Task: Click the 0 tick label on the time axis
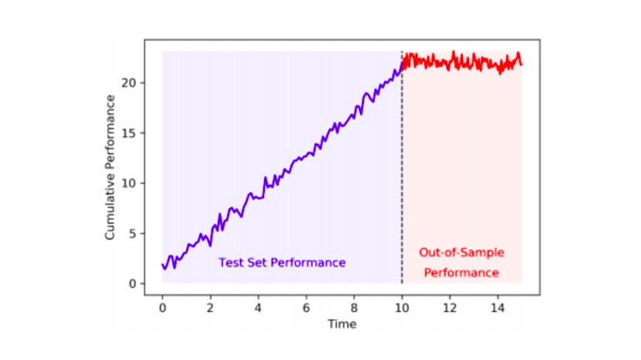[x=163, y=307]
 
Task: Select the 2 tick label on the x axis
[x=211, y=307]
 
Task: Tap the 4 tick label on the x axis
[x=259, y=307]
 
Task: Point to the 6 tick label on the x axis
[x=307, y=307]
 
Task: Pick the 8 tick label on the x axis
[x=355, y=307]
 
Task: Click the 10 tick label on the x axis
[x=402, y=307]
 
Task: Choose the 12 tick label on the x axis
[x=450, y=307]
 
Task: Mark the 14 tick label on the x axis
[x=498, y=307]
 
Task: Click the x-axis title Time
[x=341, y=324]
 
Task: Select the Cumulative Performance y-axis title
[x=111, y=166]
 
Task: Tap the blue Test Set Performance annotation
[x=282, y=262]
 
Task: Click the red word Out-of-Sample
[x=461, y=252]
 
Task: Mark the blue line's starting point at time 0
[x=163, y=265]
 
